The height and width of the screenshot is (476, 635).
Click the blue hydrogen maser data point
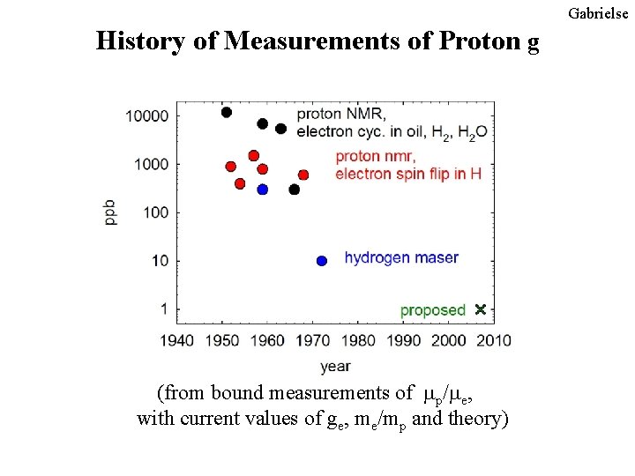click(322, 260)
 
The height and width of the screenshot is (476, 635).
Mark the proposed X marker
click(480, 309)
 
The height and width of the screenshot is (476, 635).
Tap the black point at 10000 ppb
click(227, 112)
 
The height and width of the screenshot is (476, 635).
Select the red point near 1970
click(303, 175)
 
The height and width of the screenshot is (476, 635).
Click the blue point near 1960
click(262, 190)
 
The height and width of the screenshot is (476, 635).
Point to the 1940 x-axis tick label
click(176, 341)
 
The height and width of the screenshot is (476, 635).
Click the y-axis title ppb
click(111, 212)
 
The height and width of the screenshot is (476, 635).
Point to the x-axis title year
click(335, 365)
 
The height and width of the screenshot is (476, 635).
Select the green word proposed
click(432, 310)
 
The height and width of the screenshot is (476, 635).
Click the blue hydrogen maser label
click(401, 258)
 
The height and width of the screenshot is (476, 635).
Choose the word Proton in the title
click(478, 41)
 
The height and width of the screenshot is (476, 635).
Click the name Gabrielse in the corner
click(599, 13)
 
